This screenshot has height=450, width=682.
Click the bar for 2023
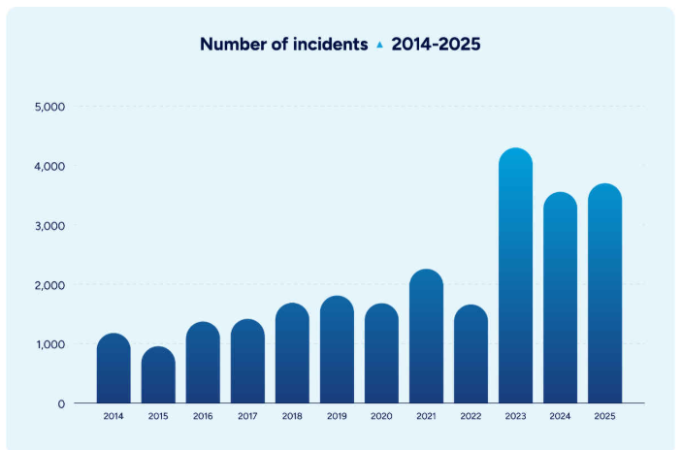pyautogui.click(x=515, y=275)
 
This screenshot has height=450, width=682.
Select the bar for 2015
pyautogui.click(x=158, y=374)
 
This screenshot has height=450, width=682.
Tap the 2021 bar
pyautogui.click(x=426, y=337)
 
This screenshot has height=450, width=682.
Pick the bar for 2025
pyautogui.click(x=605, y=294)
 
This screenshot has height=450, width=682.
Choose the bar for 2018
pyautogui.click(x=292, y=353)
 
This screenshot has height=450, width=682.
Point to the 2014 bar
pyautogui.click(x=114, y=369)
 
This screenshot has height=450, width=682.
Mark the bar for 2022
pyautogui.click(x=471, y=354)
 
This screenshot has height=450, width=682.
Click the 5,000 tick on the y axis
pyautogui.click(x=49, y=107)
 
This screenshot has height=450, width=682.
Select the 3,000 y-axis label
pyautogui.click(x=49, y=226)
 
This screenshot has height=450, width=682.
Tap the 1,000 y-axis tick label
pyautogui.click(x=49, y=344)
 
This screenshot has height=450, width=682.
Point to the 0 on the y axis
pyautogui.click(x=61, y=403)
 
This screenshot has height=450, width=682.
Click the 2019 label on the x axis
pyautogui.click(x=337, y=416)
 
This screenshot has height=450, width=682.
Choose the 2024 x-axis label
pyautogui.click(x=560, y=416)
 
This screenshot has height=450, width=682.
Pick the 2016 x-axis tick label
pyautogui.click(x=203, y=416)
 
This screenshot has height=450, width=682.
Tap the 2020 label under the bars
pyautogui.click(x=381, y=416)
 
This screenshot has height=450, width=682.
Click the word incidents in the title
pyautogui.click(x=330, y=44)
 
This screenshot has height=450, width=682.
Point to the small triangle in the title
pyautogui.click(x=379, y=45)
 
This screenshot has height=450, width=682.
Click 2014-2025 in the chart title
pyautogui.click(x=436, y=44)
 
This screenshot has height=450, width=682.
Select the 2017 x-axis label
pyautogui.click(x=247, y=416)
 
